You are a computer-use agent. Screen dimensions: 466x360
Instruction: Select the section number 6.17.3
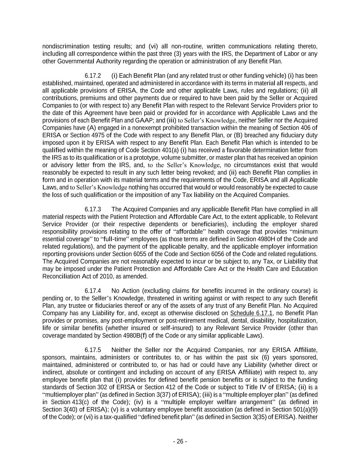[x=92, y=209]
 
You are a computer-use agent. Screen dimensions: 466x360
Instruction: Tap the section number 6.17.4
[x=92, y=291]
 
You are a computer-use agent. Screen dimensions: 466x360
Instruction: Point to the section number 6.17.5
[x=92, y=350]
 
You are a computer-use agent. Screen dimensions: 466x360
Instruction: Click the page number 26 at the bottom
[x=180, y=441]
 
